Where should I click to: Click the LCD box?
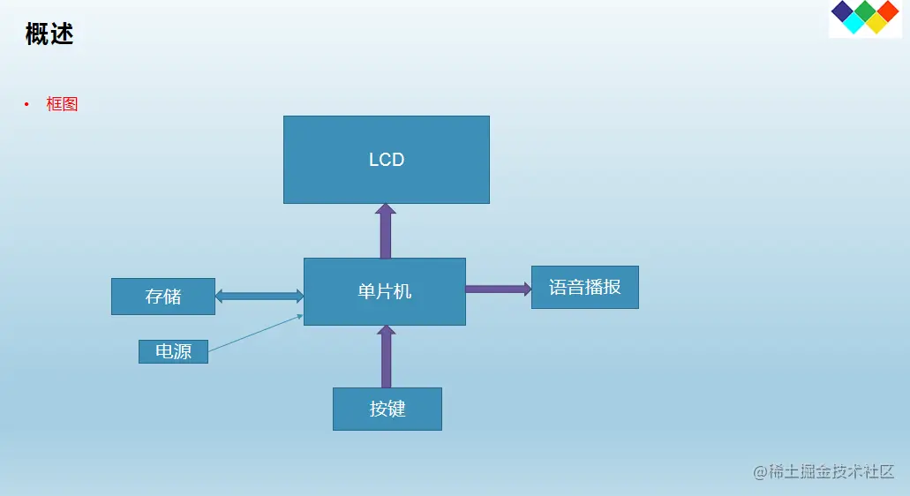coord(386,160)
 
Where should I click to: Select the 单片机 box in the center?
coord(384,291)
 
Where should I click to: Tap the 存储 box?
coord(163,297)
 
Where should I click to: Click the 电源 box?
coord(173,351)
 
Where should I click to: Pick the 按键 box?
coord(387,409)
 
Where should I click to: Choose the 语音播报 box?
coord(584,287)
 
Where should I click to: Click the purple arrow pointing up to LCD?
coord(385,231)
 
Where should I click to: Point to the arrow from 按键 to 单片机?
coord(386,357)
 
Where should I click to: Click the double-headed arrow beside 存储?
coord(259,296)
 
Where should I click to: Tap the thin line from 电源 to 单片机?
coord(256,333)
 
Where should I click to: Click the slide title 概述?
coord(49,34)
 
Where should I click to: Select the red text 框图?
coord(63,104)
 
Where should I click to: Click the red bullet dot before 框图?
coord(26,105)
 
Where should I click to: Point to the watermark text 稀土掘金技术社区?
coord(824,471)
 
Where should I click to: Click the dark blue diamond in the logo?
coord(843,11)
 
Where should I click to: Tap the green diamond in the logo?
coord(866,11)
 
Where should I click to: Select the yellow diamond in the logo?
coord(876,24)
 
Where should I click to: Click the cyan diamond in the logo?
coord(854,24)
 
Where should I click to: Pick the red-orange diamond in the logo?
coord(887,11)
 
